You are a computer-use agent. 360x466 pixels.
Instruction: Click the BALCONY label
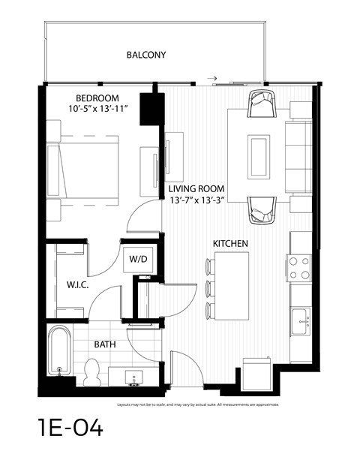point(146,56)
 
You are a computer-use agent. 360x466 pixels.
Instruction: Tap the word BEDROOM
point(97,99)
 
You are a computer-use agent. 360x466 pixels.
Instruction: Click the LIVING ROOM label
point(196,189)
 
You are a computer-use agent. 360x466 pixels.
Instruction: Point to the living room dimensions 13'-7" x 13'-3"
point(197,200)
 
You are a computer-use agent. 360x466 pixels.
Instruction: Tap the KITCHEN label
point(230,245)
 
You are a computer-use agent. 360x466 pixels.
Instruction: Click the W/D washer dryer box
point(139,260)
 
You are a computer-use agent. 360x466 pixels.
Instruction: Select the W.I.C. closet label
point(68,284)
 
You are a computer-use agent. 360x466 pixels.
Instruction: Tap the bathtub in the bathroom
point(60,350)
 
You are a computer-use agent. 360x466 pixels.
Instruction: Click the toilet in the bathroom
point(92,370)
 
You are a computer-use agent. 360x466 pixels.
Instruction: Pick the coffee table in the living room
point(261,155)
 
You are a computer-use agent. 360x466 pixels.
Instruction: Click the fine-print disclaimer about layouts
point(198,404)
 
